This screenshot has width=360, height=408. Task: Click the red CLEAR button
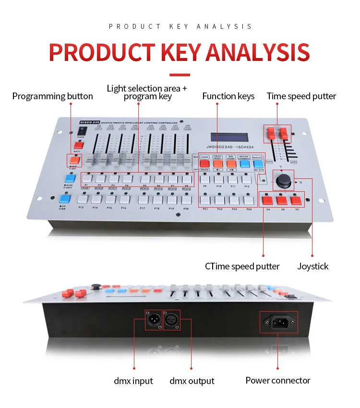tap(204, 163)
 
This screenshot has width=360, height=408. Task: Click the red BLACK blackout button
tap(78, 145)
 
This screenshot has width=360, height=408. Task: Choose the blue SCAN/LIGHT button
tap(69, 178)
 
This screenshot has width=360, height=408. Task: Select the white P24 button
tap(248, 200)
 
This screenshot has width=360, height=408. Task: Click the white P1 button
tap(87, 178)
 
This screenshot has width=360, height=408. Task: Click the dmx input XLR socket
tap(154, 320)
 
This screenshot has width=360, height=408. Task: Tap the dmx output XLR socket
tap(172, 320)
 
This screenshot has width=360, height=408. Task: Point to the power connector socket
tap(278, 323)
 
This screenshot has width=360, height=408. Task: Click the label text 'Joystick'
tap(313, 266)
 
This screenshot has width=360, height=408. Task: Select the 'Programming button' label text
tap(53, 96)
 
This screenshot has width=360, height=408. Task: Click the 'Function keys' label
tap(228, 96)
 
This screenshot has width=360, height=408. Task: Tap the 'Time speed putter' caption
tap(301, 96)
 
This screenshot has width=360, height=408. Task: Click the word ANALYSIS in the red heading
tap(258, 53)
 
